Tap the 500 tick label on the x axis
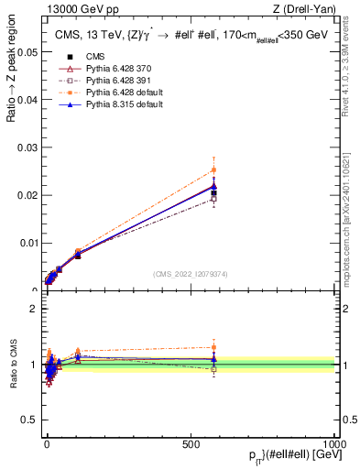pyautogui.click(x=191, y=442)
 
